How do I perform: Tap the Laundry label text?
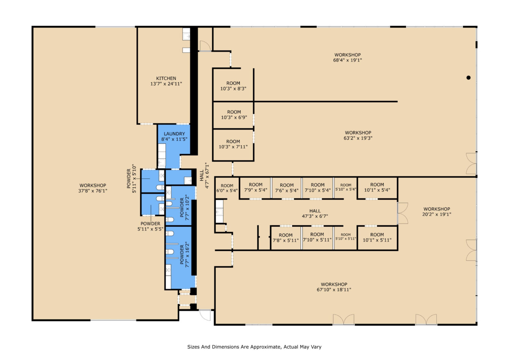(174, 134)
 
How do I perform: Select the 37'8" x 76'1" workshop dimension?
(93, 191)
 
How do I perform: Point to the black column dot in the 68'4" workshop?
(468, 78)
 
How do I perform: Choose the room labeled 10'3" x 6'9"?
(234, 115)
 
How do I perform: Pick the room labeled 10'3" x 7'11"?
(233, 144)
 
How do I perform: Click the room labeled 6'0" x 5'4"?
(227, 188)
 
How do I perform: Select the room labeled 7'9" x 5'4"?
(256, 187)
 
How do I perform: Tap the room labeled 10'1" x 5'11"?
(377, 237)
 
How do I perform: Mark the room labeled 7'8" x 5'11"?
(286, 238)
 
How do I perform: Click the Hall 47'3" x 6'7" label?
(315, 214)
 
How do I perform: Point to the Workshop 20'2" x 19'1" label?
(437, 212)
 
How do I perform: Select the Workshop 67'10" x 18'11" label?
(334, 287)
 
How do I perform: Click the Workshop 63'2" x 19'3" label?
(358, 135)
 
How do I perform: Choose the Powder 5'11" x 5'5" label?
(150, 226)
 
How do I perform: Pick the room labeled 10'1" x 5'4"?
(377, 187)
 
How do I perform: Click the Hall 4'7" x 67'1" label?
(204, 175)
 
